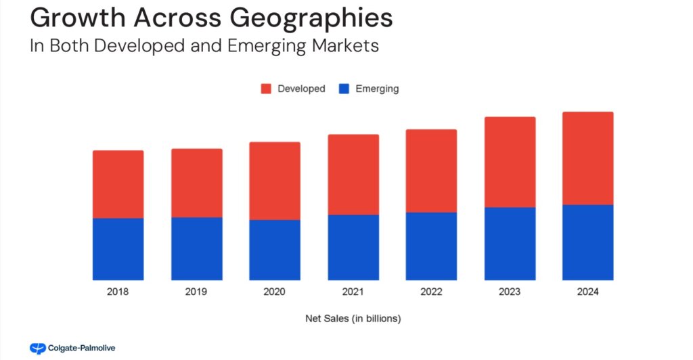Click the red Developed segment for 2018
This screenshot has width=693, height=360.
pos(118,184)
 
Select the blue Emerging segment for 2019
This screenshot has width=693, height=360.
pos(196,248)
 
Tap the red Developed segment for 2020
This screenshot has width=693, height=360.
pos(275,181)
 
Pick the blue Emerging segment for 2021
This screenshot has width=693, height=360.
pos(353,247)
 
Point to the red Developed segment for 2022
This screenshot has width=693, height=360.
pos(431,171)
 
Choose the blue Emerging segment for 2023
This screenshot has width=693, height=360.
pos(510,244)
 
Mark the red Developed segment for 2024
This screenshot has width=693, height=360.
pos(588,158)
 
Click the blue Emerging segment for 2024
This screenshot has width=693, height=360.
pos(588,242)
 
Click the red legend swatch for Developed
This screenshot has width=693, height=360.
pos(266,89)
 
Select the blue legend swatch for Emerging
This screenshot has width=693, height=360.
pos(344,89)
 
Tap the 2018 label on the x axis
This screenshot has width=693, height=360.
pos(118,292)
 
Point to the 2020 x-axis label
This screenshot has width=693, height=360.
pos(275,292)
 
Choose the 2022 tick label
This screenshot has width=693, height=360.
pos(431,292)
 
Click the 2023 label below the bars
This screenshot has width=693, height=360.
pos(510,292)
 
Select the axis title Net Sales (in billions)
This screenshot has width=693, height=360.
pos(353,318)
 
